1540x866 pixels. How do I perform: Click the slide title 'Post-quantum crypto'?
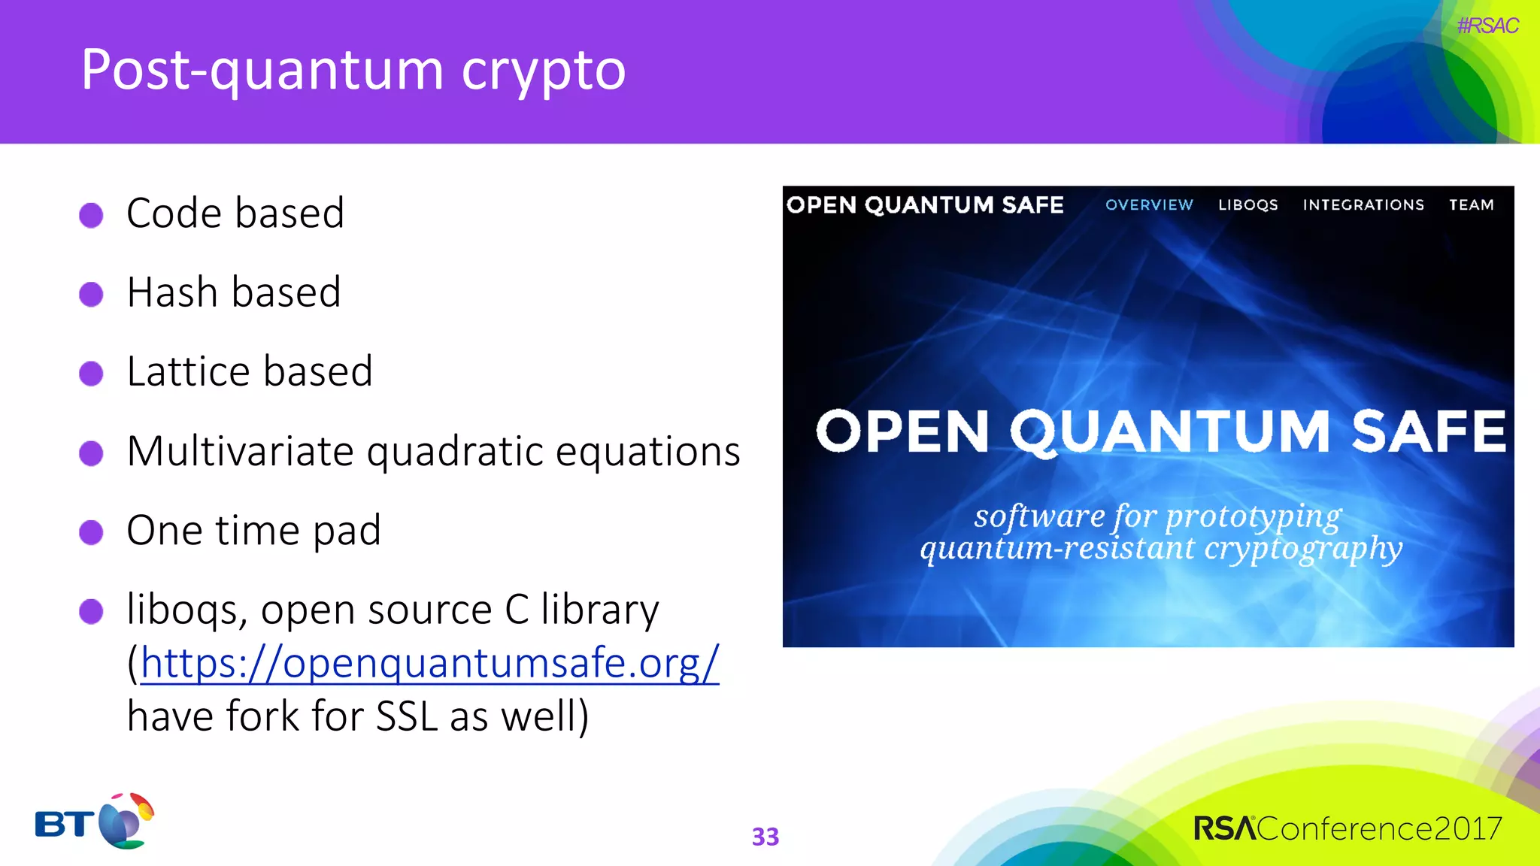[x=353, y=71]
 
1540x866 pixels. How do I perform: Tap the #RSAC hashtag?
[x=1487, y=26]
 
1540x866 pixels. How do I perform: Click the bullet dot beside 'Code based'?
[x=91, y=215]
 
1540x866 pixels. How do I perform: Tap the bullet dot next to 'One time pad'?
[x=91, y=532]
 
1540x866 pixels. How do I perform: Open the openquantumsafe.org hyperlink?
[x=429, y=663]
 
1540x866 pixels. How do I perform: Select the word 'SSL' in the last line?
[x=406, y=716]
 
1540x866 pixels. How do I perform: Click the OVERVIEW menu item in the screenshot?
[x=1148, y=204]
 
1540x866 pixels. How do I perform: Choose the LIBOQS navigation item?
[x=1247, y=204]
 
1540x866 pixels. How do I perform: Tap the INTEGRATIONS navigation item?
[x=1363, y=204]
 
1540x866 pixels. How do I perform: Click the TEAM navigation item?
[x=1471, y=204]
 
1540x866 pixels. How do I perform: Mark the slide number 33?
[x=765, y=837]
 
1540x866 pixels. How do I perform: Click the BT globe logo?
[x=125, y=821]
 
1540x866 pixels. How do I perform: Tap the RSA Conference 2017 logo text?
[x=1347, y=828]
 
